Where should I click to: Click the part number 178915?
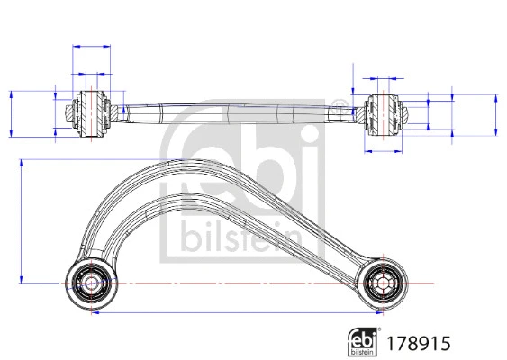point(417,342)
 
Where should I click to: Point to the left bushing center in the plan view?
point(90,283)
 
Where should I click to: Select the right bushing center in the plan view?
point(380,283)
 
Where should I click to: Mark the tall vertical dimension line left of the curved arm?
point(21,220)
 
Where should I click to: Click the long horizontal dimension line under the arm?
point(234,315)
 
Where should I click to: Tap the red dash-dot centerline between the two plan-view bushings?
point(234,283)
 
